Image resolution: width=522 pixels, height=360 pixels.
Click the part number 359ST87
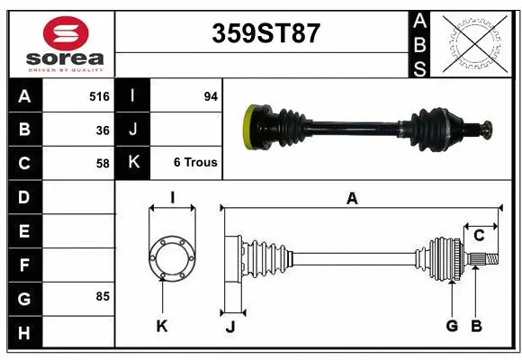click(x=265, y=33)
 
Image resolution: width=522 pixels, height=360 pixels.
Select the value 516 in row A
click(x=98, y=95)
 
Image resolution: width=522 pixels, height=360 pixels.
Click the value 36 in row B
click(x=103, y=129)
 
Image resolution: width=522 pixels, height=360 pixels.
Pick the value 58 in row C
click(x=103, y=163)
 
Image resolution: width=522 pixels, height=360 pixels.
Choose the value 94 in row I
click(x=211, y=95)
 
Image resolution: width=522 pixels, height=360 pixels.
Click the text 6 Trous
click(x=195, y=163)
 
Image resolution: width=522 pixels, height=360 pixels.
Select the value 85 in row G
click(x=103, y=296)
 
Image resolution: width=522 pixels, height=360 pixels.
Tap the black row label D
click(x=24, y=196)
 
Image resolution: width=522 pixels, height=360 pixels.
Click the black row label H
click(x=24, y=333)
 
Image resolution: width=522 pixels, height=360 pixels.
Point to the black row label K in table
click(x=132, y=163)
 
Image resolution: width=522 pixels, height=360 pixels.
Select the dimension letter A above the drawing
click(x=352, y=199)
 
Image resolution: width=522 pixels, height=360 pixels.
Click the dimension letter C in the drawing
click(x=479, y=235)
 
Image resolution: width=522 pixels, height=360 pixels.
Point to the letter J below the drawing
click(x=230, y=327)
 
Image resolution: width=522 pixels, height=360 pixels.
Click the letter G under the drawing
click(x=452, y=326)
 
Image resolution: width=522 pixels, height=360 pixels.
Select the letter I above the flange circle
click(x=171, y=197)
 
